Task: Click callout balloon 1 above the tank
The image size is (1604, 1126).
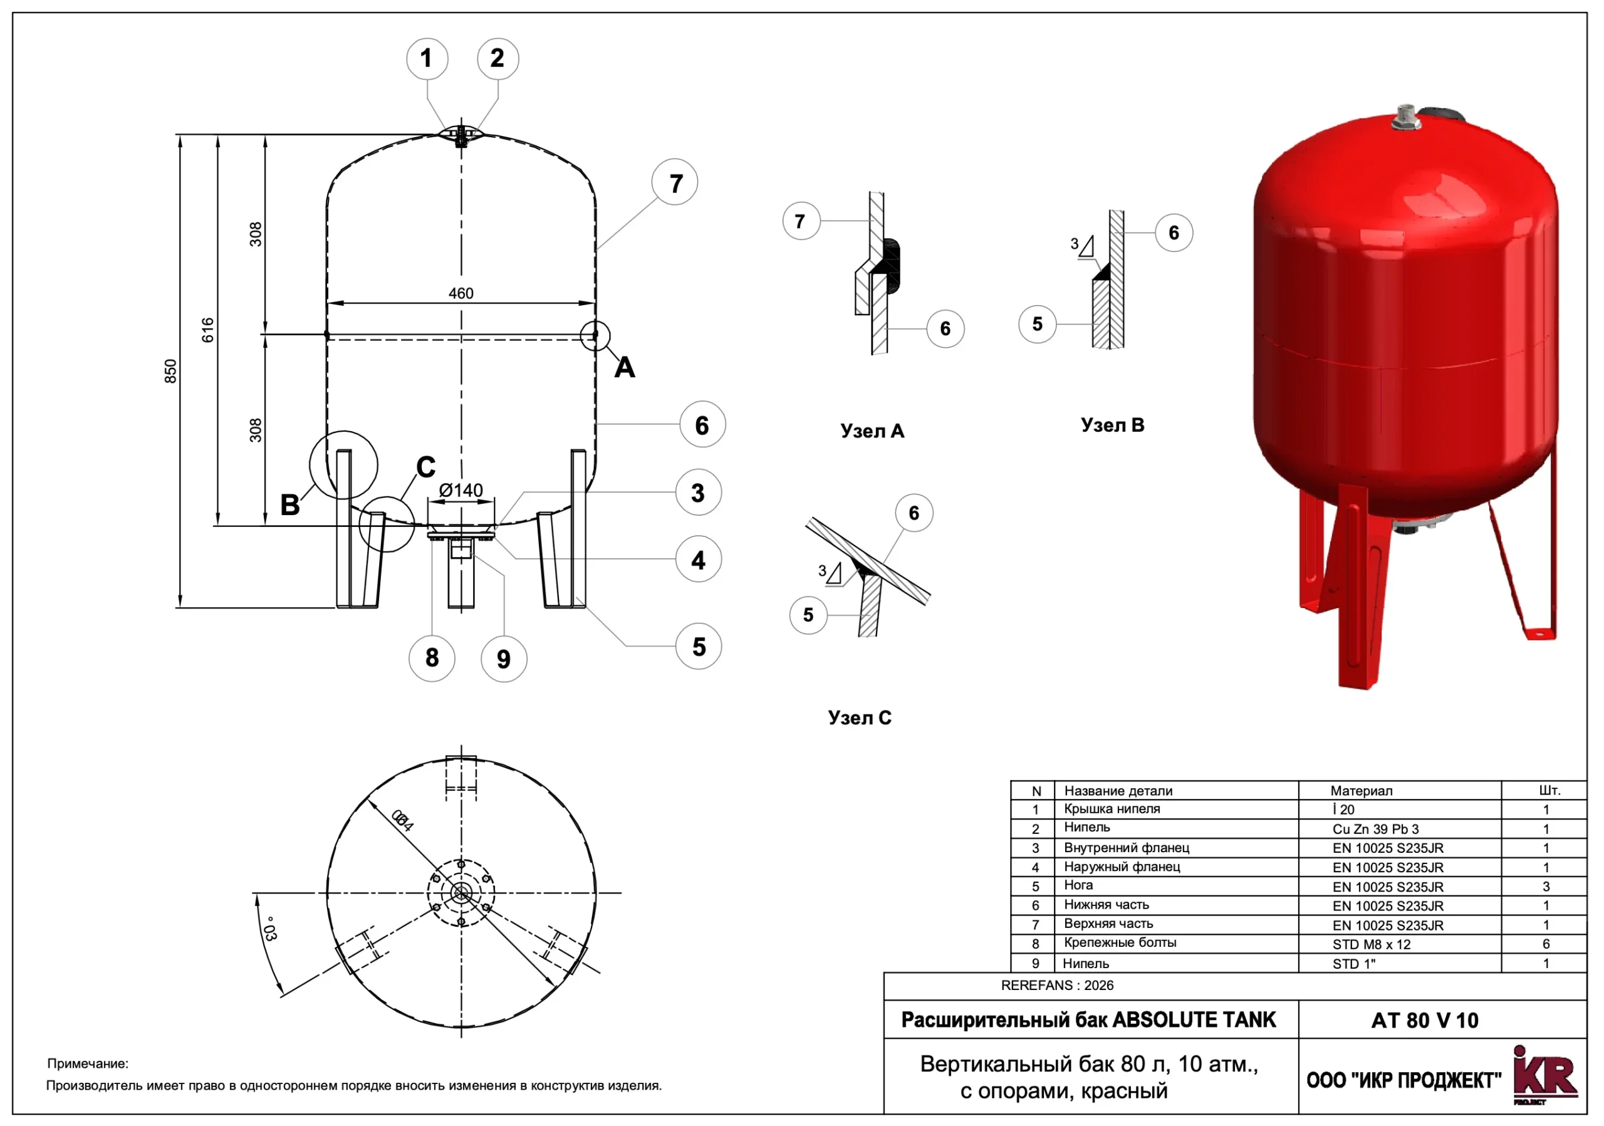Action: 427,59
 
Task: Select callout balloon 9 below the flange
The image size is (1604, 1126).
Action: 504,659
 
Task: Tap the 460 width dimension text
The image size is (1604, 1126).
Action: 461,293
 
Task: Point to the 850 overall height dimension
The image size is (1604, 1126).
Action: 170,371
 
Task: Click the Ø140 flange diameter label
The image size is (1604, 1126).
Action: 461,491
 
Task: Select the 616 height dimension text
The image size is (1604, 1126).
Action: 207,330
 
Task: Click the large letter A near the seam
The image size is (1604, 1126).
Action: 625,367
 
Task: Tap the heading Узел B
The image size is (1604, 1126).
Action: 1112,425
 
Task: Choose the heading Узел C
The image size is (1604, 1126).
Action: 859,718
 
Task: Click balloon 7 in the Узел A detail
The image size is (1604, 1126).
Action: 801,221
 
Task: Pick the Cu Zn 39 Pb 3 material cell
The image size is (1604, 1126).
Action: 1375,829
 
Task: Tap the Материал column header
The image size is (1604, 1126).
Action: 1361,791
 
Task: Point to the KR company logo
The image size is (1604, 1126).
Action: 1544,1076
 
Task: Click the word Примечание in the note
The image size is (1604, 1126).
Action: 88,1064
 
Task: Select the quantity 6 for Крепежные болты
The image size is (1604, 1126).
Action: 1545,944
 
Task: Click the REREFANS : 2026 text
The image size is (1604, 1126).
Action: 1057,986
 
